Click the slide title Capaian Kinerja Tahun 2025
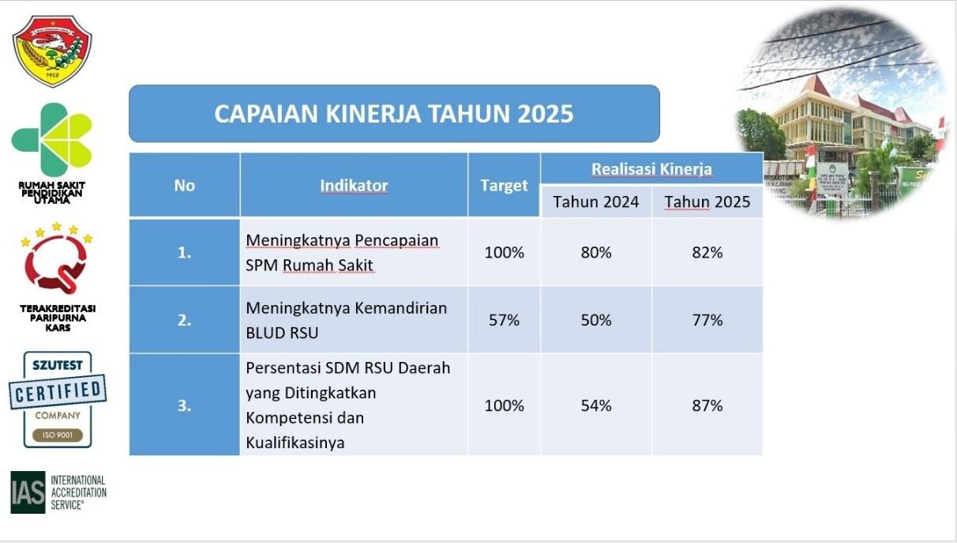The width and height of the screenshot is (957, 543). [393, 114]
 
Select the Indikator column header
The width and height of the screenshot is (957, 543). [354, 186]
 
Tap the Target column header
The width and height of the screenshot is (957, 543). [504, 186]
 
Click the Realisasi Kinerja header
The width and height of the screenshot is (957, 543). [651, 169]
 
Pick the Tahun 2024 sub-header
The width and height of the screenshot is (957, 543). [596, 202]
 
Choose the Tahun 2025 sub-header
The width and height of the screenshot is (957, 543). [707, 202]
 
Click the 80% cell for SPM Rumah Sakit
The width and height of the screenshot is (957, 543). [596, 253]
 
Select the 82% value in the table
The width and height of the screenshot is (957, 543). [707, 253]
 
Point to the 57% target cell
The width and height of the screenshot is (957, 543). [504, 320]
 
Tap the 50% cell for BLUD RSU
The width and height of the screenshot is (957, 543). [596, 320]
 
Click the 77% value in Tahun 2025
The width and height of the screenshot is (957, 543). [707, 320]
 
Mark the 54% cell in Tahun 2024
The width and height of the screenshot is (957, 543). [596, 405]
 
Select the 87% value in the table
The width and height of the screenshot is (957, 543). [707, 405]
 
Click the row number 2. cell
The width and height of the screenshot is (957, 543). [184, 320]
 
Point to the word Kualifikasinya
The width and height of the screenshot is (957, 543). [295, 443]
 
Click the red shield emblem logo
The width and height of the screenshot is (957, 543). [52, 51]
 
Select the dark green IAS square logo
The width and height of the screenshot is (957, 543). [28, 492]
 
